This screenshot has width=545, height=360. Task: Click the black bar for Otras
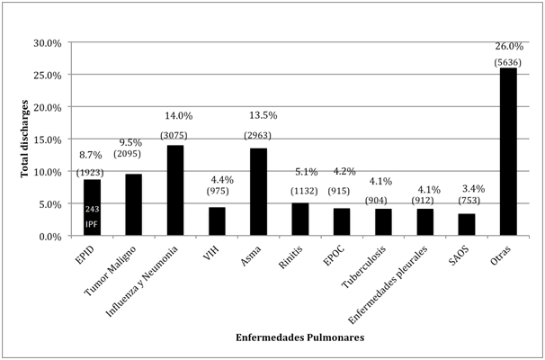(x=508, y=152)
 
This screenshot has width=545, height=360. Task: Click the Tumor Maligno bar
(x=133, y=205)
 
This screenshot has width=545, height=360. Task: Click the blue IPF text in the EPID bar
(x=92, y=223)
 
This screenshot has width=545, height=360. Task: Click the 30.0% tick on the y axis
(x=47, y=43)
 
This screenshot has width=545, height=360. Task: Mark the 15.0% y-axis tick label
(x=47, y=139)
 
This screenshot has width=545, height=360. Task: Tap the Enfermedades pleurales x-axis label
(x=396, y=280)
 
